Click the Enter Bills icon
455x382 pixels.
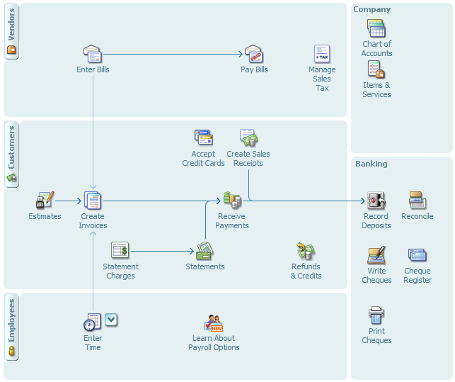coord(93,54)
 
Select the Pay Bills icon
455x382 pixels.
coord(254,54)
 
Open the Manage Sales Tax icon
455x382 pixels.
coord(322,54)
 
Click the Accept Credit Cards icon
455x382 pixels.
coord(203,137)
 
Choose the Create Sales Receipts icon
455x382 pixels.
coord(248,137)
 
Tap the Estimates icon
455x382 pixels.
coord(45,201)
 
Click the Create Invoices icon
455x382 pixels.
coord(93,201)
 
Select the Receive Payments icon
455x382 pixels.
coord(232,201)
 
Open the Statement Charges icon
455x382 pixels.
coord(120,250)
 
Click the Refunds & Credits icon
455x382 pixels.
coord(306,251)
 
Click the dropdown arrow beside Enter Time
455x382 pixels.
coord(112,320)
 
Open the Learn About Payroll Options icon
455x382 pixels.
coord(214,322)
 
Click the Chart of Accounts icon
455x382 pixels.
coord(376,28)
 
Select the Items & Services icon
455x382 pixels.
coord(376,69)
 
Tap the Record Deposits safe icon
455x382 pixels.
coord(376,201)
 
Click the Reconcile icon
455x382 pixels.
coord(417,201)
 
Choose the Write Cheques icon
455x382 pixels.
coord(376,255)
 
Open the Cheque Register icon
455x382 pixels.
coord(417,255)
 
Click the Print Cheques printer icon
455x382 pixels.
coord(376,315)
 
